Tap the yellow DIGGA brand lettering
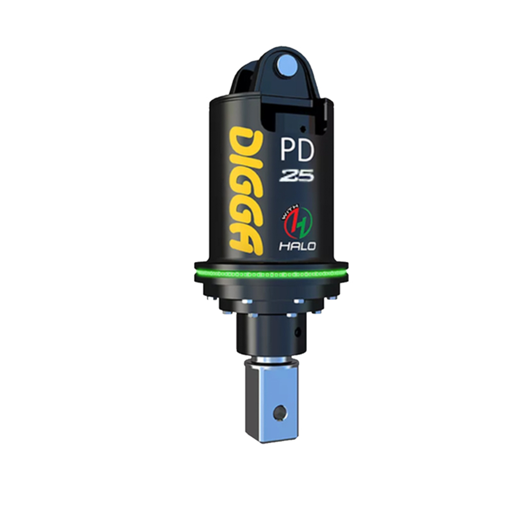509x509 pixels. [246, 188]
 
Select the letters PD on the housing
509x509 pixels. [298, 151]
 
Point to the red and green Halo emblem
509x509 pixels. [299, 224]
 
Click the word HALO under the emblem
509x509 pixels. [298, 246]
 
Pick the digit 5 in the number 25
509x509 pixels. [305, 176]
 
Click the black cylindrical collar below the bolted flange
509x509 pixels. [270, 336]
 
